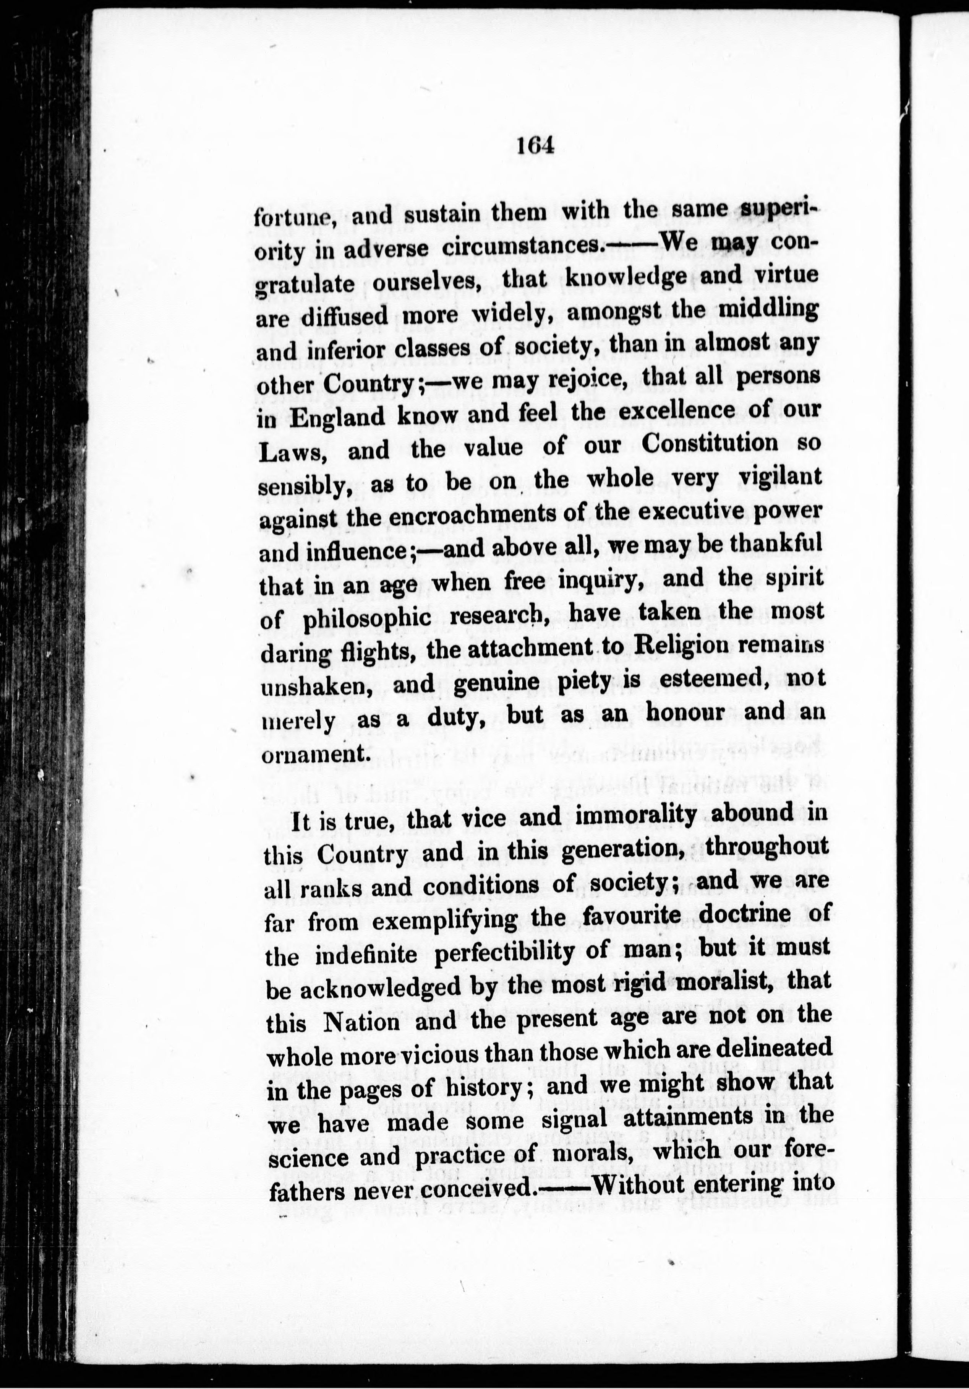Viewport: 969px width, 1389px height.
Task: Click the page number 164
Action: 536,147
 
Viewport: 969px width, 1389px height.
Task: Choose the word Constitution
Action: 710,444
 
